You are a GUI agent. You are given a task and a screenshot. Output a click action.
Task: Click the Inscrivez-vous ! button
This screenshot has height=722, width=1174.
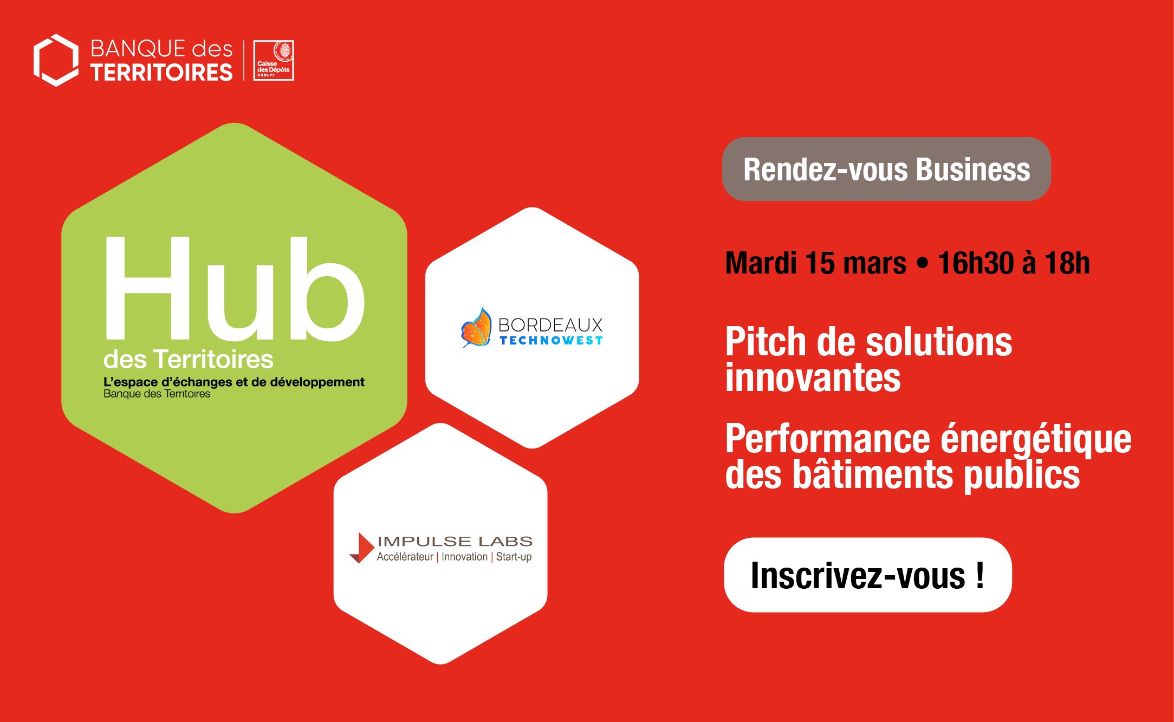pyautogui.click(x=868, y=575)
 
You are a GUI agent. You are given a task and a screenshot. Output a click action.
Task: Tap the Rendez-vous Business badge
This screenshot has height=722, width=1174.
pyautogui.click(x=886, y=169)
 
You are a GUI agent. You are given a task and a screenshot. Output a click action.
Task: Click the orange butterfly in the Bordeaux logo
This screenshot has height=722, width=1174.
pyautogui.click(x=476, y=328)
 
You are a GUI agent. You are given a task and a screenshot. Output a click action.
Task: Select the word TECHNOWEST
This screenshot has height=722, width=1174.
pyautogui.click(x=551, y=341)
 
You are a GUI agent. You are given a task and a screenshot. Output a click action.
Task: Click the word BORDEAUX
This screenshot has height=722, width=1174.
pyautogui.click(x=550, y=325)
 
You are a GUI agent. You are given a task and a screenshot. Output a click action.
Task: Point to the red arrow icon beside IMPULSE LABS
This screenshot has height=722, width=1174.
pyautogui.click(x=362, y=548)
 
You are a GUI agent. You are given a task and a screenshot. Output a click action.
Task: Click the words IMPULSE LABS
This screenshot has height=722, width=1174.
pyautogui.click(x=455, y=541)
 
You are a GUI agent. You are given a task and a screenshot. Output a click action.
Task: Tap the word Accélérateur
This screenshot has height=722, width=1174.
pyautogui.click(x=405, y=557)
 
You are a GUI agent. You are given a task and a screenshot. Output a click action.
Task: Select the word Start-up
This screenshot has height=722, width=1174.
pyautogui.click(x=514, y=557)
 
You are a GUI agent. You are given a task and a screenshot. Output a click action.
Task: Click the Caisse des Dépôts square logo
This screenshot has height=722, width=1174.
pyautogui.click(x=274, y=60)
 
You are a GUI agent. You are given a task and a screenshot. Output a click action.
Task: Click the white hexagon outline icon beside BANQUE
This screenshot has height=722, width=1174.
pyautogui.click(x=56, y=60)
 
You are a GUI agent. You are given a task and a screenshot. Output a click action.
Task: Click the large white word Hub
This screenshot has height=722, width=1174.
pyautogui.click(x=235, y=288)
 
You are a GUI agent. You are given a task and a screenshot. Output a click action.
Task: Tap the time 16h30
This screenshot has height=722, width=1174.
pyautogui.click(x=976, y=263)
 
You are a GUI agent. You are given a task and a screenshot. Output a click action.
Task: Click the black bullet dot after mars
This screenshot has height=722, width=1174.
pyautogui.click(x=922, y=264)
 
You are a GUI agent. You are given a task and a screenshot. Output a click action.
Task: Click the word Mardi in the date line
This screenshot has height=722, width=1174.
pyautogui.click(x=761, y=263)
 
